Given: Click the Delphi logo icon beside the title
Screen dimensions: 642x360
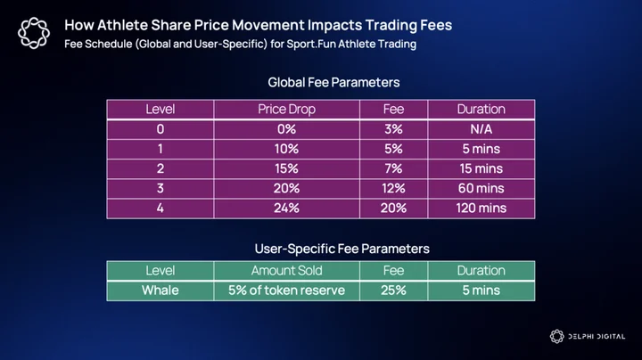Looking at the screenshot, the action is pos(34,33).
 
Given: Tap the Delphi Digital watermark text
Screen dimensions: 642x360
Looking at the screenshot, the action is pos(597,337).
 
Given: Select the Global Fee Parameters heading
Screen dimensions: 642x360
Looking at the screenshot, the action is pos(333,82).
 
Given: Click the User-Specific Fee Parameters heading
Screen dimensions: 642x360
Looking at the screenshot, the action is pos(342,249).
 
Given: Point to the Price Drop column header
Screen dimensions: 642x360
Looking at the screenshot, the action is pos(286,110).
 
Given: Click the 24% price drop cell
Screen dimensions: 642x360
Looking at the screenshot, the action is pos(286,209).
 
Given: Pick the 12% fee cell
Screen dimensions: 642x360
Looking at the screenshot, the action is pos(393,188).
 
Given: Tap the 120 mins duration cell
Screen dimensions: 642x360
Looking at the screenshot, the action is pos(481,209).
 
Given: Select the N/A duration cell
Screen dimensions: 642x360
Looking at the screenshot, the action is pos(481,129).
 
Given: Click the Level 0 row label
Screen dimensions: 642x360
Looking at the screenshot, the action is pos(160,129).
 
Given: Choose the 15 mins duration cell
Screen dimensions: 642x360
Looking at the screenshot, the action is pos(481,168).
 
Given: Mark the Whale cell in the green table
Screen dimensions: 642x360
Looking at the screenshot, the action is pos(160,290).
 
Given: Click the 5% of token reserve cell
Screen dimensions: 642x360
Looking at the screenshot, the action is pos(286,290).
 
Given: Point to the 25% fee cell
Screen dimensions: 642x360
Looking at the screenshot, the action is pos(393,290).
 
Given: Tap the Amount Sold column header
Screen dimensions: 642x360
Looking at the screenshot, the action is pos(286,270).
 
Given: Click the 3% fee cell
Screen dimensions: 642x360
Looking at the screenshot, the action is pos(393,129).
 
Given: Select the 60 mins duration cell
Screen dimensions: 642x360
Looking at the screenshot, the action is pos(481,188).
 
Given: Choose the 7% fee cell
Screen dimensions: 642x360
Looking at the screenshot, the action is pos(393,168).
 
